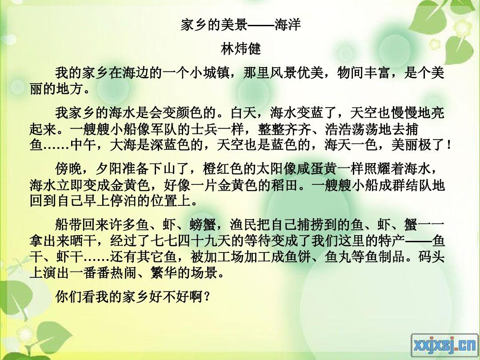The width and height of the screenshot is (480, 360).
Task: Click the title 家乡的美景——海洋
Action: click(240, 24)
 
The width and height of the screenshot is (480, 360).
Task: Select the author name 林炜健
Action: click(240, 49)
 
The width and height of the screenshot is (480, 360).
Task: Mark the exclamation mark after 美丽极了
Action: click(449, 145)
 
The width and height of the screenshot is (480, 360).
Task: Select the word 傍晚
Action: click(68, 169)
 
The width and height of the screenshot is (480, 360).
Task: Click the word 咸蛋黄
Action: click(317, 169)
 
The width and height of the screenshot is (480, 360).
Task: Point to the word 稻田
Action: click(284, 185)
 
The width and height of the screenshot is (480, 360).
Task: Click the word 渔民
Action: click(244, 225)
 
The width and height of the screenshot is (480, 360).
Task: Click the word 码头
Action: click(432, 257)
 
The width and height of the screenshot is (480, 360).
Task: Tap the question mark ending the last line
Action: click(207, 296)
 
